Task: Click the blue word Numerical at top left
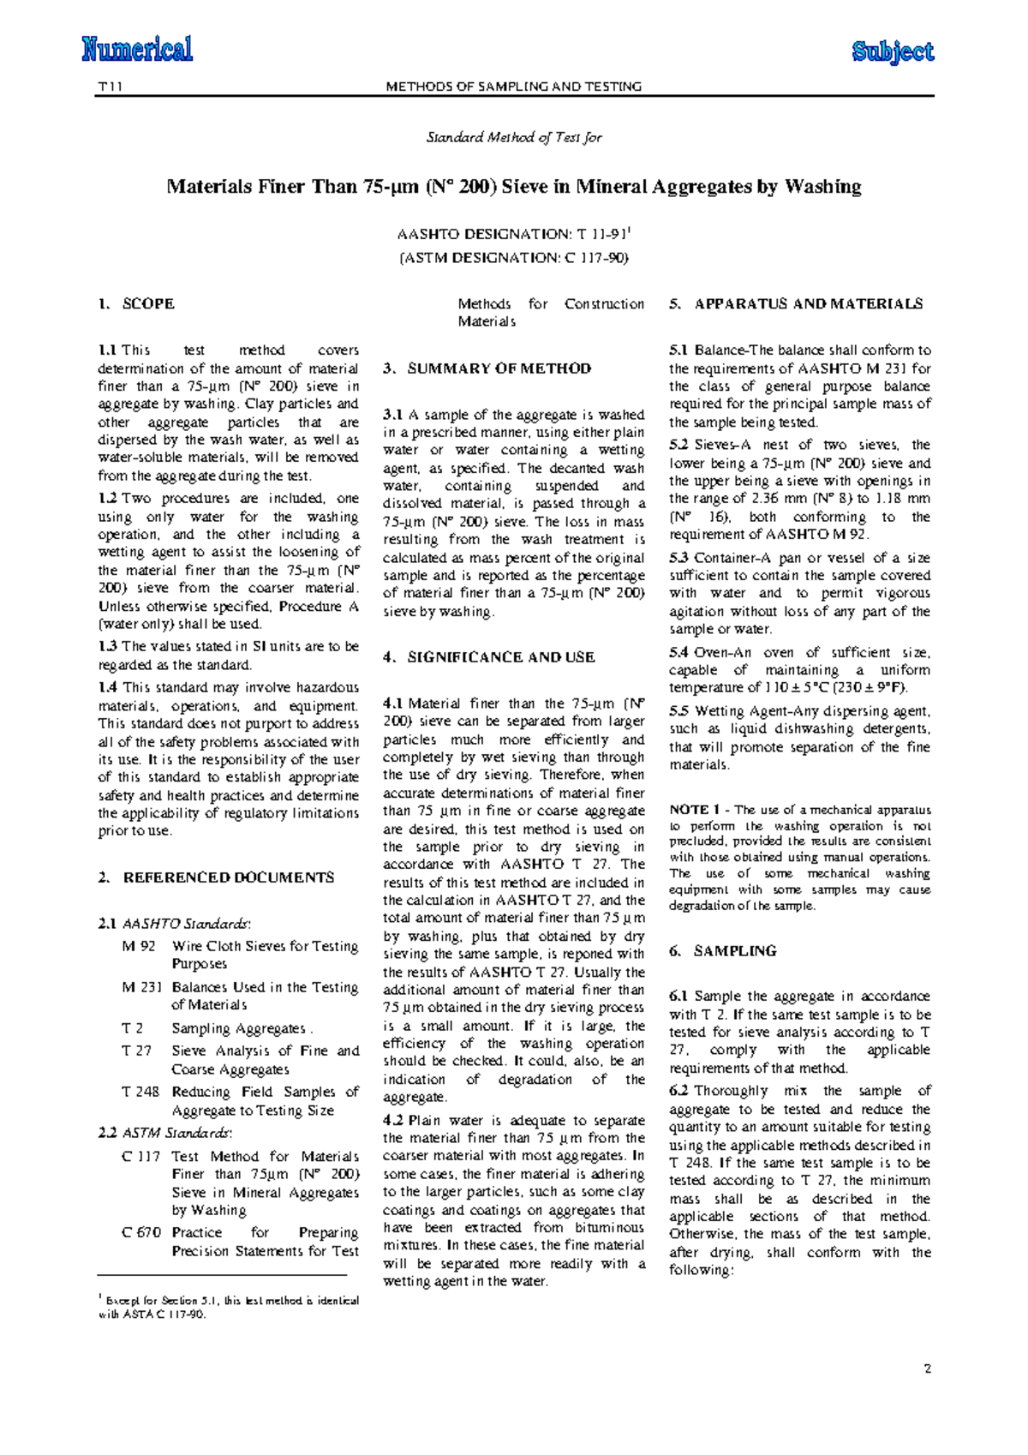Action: pyautogui.click(x=137, y=49)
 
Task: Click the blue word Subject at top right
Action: pyautogui.click(x=893, y=52)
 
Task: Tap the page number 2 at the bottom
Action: pyautogui.click(x=928, y=1368)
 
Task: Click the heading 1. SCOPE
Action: pyautogui.click(x=137, y=304)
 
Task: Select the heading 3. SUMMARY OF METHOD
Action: pyautogui.click(x=487, y=368)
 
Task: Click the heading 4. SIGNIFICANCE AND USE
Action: pyautogui.click(x=489, y=657)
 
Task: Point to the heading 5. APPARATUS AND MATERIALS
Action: pyautogui.click(x=796, y=304)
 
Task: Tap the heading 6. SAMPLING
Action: pyautogui.click(x=723, y=951)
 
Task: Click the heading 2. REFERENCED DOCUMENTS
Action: pyautogui.click(x=216, y=877)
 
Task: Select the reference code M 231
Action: pyautogui.click(x=142, y=987)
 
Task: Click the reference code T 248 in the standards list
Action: pyautogui.click(x=140, y=1093)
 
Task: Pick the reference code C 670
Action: pyautogui.click(x=141, y=1233)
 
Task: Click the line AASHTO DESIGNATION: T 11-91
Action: pyautogui.click(x=514, y=234)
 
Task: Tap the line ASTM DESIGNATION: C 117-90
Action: pyautogui.click(x=514, y=257)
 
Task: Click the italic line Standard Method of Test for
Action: pyautogui.click(x=514, y=137)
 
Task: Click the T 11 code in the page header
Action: pyautogui.click(x=111, y=87)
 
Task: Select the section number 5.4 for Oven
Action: pyautogui.click(x=679, y=652)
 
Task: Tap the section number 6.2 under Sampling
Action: pyautogui.click(x=679, y=1091)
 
